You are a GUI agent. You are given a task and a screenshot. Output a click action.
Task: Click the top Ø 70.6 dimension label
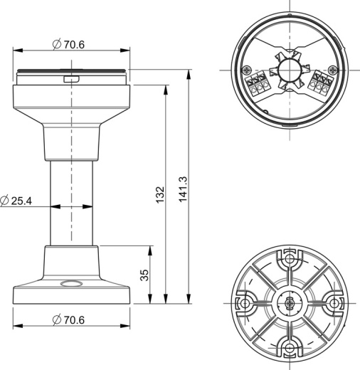tap(68, 44)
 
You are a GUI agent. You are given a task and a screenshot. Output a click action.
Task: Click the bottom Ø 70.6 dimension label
tap(68, 319)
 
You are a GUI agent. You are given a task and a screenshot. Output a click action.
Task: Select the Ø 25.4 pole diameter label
tap(16, 201)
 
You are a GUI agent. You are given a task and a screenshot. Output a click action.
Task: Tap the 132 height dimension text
tap(160, 194)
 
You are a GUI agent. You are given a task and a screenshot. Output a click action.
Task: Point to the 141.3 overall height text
tap(183, 189)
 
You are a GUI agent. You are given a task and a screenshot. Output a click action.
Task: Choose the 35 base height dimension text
tap(144, 275)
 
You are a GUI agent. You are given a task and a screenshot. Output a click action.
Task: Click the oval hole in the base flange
tap(72, 283)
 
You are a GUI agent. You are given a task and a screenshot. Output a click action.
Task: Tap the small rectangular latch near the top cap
tap(71, 79)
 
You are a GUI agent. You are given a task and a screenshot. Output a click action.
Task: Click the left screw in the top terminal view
tap(247, 70)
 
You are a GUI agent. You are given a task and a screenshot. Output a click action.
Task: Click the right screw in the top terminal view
tap(332, 70)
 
